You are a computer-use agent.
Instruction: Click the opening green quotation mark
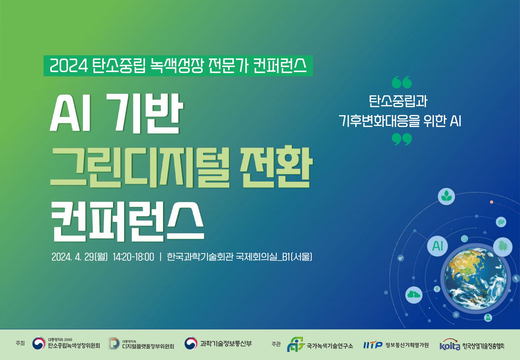[x=402, y=82]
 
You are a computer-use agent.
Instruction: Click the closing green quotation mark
[x=402, y=139]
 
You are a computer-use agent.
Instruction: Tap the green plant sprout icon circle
[x=446, y=196]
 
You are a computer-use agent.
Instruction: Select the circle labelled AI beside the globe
[x=437, y=246]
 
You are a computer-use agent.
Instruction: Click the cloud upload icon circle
[x=414, y=295]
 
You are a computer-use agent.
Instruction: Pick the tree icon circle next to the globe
[x=503, y=247]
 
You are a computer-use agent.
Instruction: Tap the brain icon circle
[x=501, y=222]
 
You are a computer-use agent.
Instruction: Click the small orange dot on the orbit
[x=492, y=202]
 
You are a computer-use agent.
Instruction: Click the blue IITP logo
[x=373, y=345]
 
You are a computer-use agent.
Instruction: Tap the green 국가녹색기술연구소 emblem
[x=295, y=344]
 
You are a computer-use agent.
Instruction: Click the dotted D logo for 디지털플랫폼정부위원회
[x=114, y=343]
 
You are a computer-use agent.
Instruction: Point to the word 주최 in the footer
[x=20, y=343]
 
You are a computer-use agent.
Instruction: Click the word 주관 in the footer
[x=276, y=344]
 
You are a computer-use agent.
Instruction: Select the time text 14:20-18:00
[x=133, y=257]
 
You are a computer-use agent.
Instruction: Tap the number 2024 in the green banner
[x=69, y=66]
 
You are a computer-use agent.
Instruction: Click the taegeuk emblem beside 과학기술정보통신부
[x=191, y=343]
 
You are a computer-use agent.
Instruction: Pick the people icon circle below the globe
[x=488, y=317]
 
